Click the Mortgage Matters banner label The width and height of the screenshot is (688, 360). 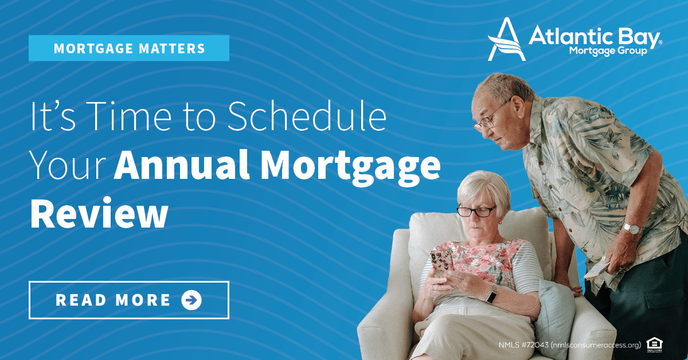[x=129, y=48]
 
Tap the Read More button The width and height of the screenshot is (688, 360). [x=129, y=300]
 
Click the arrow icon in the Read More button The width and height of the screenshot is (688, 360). [x=191, y=300]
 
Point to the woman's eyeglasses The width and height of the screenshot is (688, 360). [x=476, y=211]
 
